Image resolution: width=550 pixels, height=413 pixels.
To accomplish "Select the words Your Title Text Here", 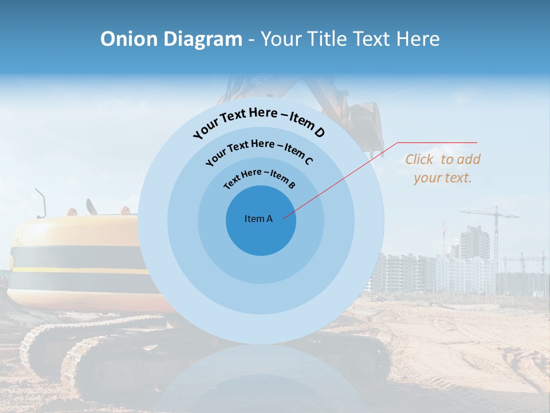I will coord(350,39).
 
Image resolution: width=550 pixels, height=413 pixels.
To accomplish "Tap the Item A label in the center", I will coord(258,219).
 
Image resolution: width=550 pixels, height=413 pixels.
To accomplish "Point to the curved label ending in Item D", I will coord(259,122).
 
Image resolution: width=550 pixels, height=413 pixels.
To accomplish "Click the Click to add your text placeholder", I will coord(442,169).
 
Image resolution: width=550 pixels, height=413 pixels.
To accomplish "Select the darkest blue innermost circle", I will coord(261,235).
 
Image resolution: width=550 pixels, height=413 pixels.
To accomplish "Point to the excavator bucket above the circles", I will coord(364,123).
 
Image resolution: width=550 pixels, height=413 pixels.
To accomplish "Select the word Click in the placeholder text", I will coord(419,159).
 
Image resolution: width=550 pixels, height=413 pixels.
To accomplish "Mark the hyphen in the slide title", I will coord(252,40).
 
